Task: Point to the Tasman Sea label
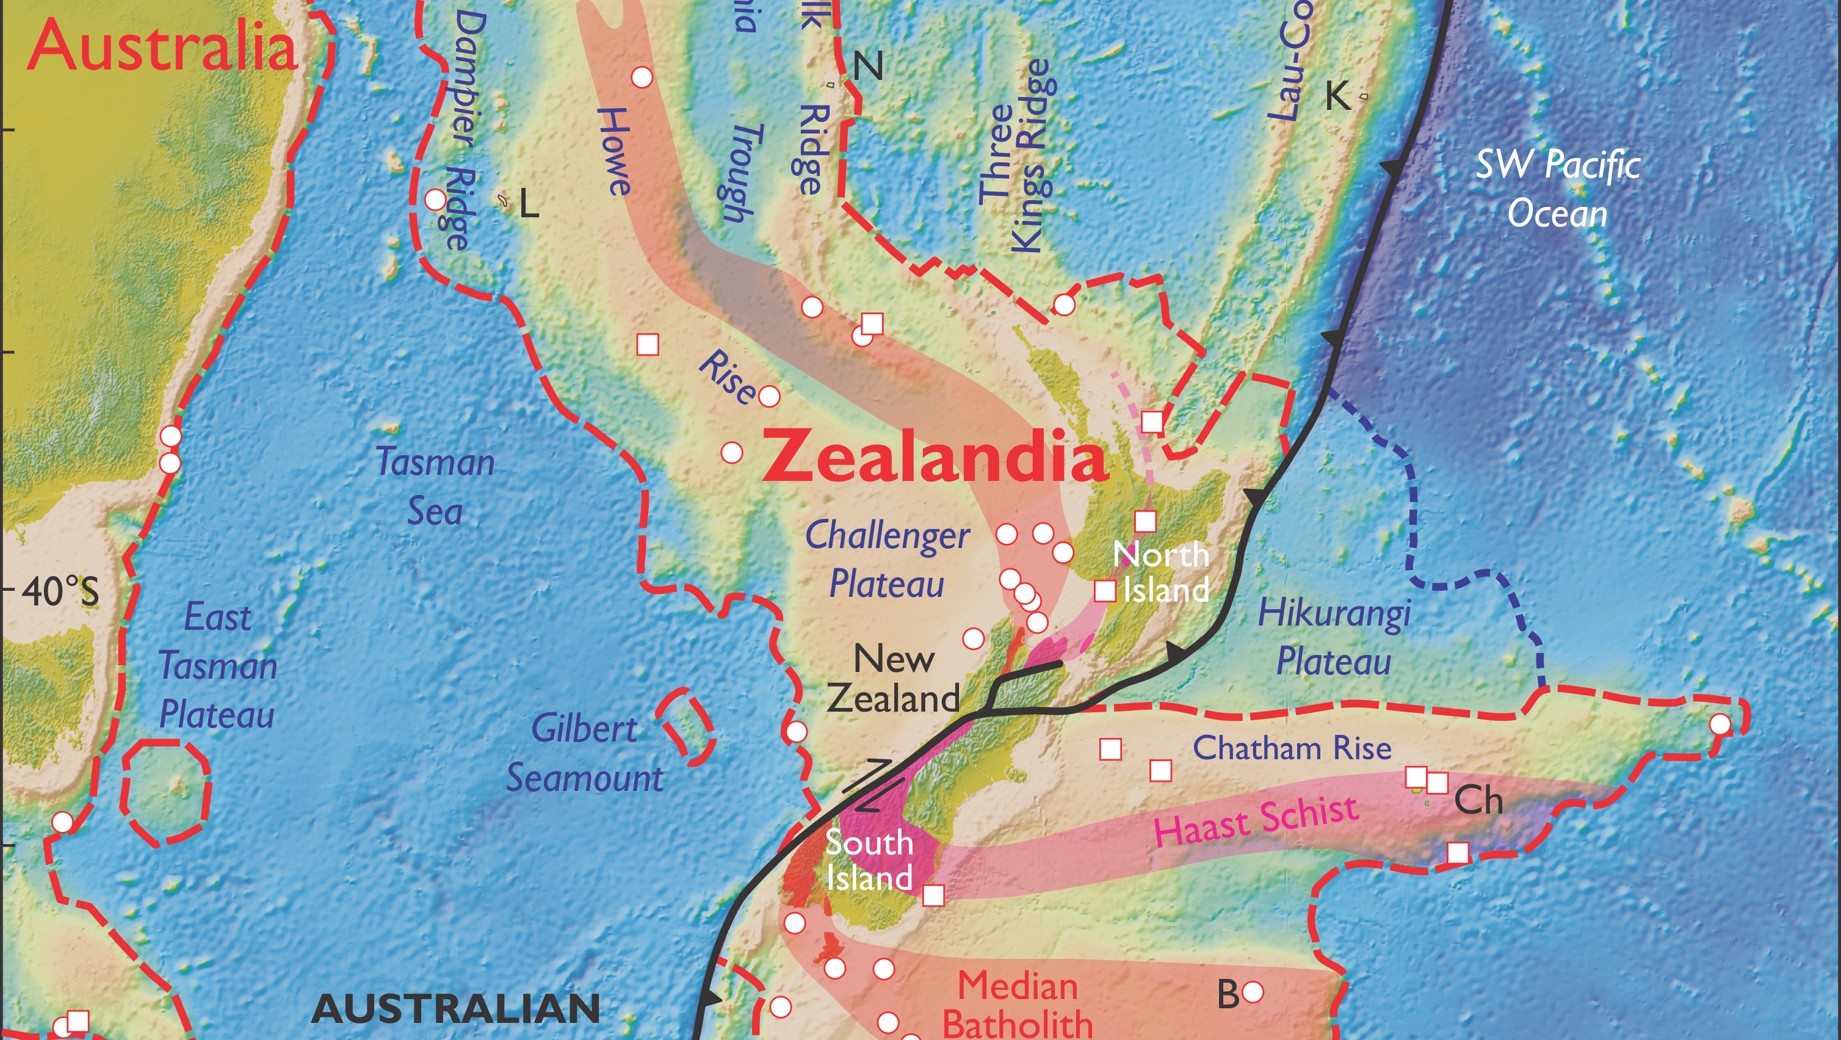pyautogui.click(x=435, y=486)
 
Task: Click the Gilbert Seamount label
pyautogui.click(x=585, y=753)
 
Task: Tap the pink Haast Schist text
pyautogui.click(x=1256, y=820)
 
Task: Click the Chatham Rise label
pyautogui.click(x=1292, y=748)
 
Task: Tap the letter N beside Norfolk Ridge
pyautogui.click(x=869, y=67)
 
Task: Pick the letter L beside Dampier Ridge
pyautogui.click(x=529, y=206)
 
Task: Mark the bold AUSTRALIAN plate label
pyautogui.click(x=456, y=1008)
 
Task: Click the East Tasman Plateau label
pyautogui.click(x=217, y=665)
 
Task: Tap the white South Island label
pyautogui.click(x=869, y=861)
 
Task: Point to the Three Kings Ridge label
pyautogui.click(x=1016, y=156)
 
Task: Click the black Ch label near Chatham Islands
pyautogui.click(x=1478, y=801)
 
